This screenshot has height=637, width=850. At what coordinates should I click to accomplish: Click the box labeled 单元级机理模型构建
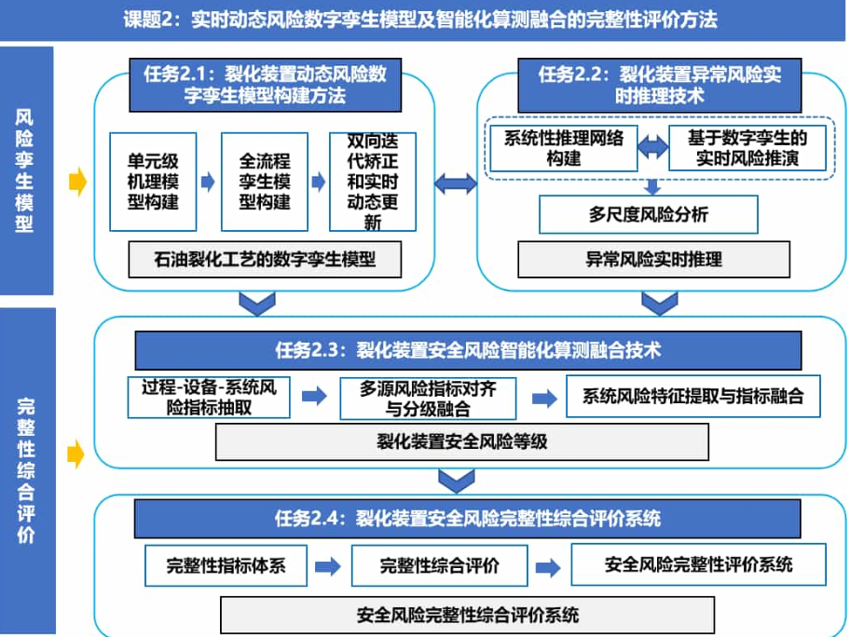pyautogui.click(x=153, y=182)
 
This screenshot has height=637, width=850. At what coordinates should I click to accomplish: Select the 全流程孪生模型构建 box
pyautogui.click(x=265, y=182)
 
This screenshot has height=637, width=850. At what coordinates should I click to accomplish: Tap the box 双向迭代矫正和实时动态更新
pyautogui.click(x=373, y=182)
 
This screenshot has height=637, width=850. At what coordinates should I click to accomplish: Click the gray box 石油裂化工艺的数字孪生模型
pyautogui.click(x=265, y=260)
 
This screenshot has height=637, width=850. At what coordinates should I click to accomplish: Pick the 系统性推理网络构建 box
pyautogui.click(x=564, y=148)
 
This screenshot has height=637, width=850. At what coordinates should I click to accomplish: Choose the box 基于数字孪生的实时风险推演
pyautogui.click(x=747, y=148)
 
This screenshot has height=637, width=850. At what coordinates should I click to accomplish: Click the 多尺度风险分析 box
pyautogui.click(x=649, y=214)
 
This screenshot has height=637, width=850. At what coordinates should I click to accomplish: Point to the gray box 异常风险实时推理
pyautogui.click(x=653, y=260)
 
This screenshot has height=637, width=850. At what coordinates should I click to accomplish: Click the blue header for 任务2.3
pyautogui.click(x=468, y=350)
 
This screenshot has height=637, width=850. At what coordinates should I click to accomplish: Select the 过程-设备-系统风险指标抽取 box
pyautogui.click(x=209, y=398)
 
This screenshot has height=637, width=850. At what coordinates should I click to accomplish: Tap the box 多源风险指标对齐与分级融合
pyautogui.click(x=428, y=399)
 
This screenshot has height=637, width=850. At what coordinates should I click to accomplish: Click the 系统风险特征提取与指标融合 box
pyautogui.click(x=693, y=397)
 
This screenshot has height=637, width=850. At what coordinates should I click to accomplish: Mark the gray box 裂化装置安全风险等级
pyautogui.click(x=462, y=442)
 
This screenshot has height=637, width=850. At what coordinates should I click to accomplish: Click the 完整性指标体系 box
pyautogui.click(x=226, y=566)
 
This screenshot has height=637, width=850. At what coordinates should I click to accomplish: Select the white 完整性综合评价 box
pyautogui.click(x=440, y=566)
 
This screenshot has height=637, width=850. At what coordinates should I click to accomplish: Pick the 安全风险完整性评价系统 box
pyautogui.click(x=699, y=565)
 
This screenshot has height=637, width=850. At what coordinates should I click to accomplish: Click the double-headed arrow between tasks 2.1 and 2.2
pyautogui.click(x=456, y=183)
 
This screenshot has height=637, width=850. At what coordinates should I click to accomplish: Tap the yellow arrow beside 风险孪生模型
pyautogui.click(x=78, y=182)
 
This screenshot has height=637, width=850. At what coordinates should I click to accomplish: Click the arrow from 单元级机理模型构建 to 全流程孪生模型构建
pyautogui.click(x=208, y=182)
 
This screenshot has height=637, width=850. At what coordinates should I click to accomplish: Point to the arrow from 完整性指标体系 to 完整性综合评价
pyautogui.click(x=328, y=567)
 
